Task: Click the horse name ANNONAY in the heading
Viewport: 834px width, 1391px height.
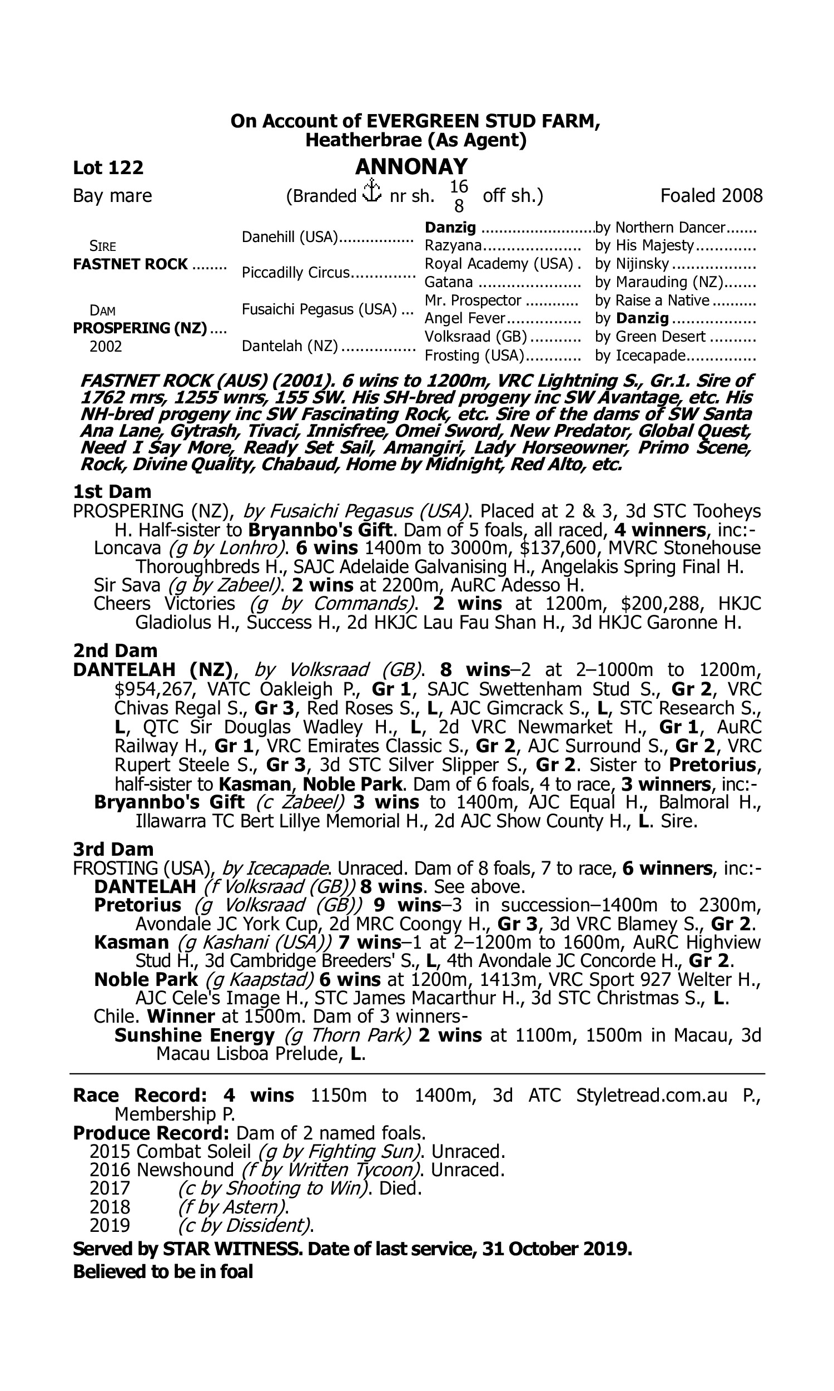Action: pos(411,167)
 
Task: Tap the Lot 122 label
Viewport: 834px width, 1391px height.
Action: pos(108,167)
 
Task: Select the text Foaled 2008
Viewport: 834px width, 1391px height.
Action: pos(712,196)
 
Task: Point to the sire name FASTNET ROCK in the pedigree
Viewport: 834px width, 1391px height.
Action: pos(131,264)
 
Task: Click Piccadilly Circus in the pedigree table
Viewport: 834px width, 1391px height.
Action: pos(296,273)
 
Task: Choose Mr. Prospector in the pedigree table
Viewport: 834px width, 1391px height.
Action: pos(473,300)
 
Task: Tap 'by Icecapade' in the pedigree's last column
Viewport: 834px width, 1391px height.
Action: pos(641,356)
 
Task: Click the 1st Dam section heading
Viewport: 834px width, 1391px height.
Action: pos(112,491)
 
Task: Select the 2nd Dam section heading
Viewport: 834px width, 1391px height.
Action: pos(115,650)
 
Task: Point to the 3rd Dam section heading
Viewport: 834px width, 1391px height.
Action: pos(113,849)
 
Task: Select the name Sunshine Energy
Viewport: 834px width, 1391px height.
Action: pos(195,1035)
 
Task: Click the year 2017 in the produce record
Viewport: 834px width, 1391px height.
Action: pos(110,1188)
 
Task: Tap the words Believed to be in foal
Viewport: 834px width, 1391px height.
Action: pos(163,1272)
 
